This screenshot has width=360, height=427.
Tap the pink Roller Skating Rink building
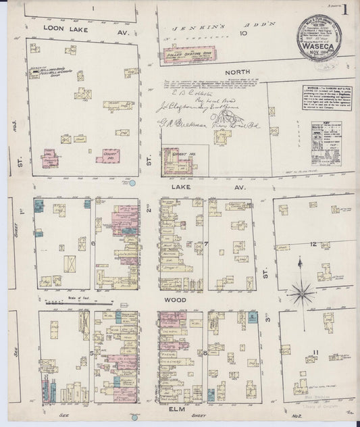184,55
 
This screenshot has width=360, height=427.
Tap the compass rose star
301,293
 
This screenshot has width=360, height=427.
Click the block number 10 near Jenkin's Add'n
243,32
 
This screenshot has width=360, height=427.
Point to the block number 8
205,353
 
